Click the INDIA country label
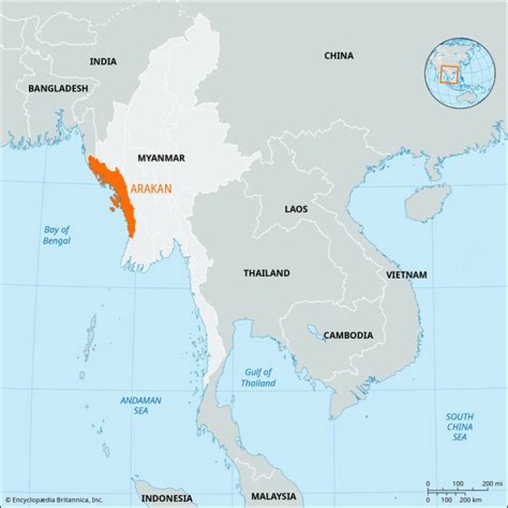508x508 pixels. point(103,62)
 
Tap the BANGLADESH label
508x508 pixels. point(58,89)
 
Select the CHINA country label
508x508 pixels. point(339,56)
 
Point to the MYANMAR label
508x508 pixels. point(161,158)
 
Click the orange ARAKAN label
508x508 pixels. point(150,189)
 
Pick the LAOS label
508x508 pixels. point(296,210)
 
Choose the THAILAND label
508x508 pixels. point(267,273)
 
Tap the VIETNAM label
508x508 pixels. point(406,274)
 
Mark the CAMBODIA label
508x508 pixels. point(348,336)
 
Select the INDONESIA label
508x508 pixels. point(167,498)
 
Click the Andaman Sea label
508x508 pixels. point(140,405)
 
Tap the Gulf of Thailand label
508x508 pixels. point(258,377)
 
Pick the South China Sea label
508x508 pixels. point(459,427)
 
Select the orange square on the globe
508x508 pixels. point(449,74)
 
